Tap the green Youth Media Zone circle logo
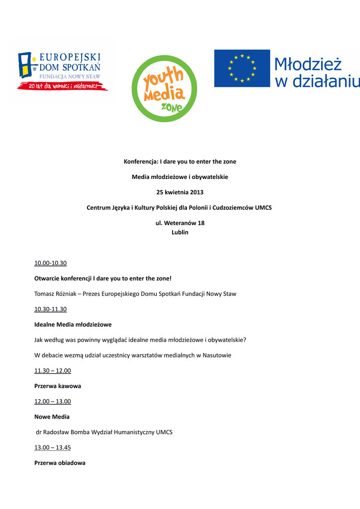point(164,88)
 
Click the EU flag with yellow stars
point(242,68)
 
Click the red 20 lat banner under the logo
point(62,86)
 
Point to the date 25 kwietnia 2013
point(180,192)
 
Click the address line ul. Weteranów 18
point(180,223)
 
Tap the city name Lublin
point(180,232)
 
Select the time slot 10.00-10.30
point(50,263)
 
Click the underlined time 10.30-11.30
point(50,309)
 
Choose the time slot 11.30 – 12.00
point(53,371)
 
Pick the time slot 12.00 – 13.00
point(53,402)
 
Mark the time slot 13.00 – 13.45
point(53,447)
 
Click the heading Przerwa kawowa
point(58,386)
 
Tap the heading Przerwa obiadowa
point(60,463)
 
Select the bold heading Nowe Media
point(52,417)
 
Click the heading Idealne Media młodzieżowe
point(73,325)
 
